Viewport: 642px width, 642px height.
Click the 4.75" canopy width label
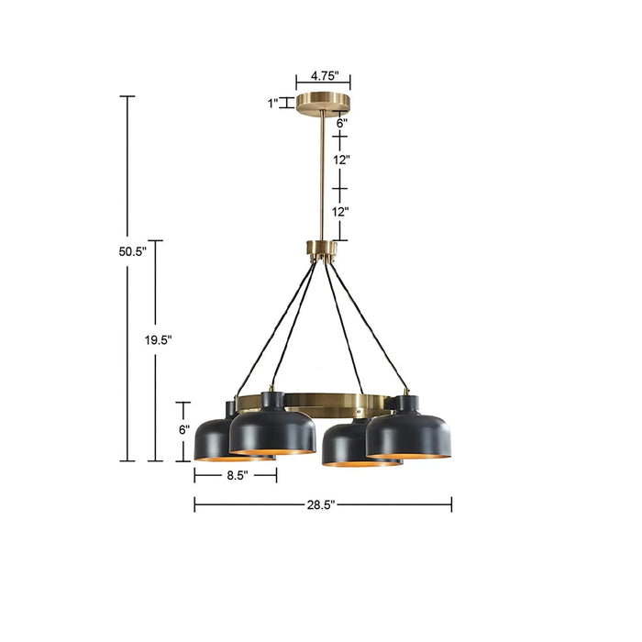pyautogui.click(x=324, y=75)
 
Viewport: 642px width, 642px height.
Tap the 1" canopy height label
pyautogui.click(x=273, y=104)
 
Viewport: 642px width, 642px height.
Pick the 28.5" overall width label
pyautogui.click(x=322, y=504)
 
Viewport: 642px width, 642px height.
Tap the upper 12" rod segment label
pyautogui.click(x=341, y=160)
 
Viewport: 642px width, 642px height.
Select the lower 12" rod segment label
pyautogui.click(x=341, y=212)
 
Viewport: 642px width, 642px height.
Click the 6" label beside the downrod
pyautogui.click(x=341, y=122)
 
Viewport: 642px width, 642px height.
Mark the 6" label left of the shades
pyautogui.click(x=183, y=429)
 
